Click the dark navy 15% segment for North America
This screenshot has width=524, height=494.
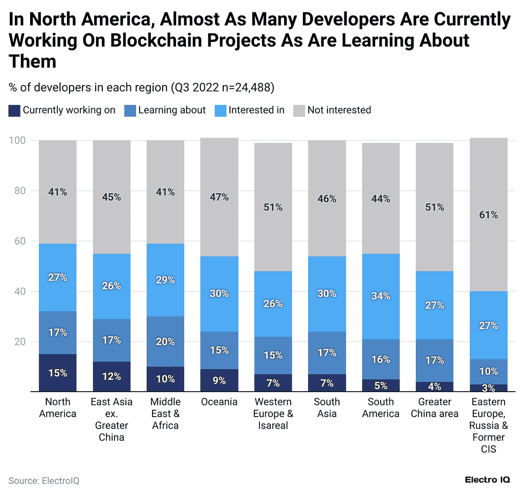[58, 373]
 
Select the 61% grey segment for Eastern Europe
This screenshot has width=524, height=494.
[488, 214]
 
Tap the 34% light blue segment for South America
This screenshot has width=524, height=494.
[381, 296]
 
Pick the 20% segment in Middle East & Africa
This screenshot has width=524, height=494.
[165, 341]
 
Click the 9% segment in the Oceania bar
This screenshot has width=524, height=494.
[219, 380]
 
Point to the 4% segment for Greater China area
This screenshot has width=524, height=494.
[434, 386]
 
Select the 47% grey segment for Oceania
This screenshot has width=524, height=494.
[219, 197]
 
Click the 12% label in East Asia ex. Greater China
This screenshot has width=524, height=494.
[112, 376]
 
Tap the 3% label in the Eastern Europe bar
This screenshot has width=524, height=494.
[488, 388]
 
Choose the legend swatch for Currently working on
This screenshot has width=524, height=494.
[15, 110]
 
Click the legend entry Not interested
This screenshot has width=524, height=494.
[339, 110]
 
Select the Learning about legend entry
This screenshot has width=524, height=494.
[171, 110]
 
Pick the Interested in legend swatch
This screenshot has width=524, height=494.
[221, 110]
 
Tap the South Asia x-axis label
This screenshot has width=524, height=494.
[326, 407]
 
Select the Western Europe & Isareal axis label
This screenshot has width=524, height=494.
[273, 414]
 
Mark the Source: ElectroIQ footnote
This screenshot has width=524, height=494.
[44, 481]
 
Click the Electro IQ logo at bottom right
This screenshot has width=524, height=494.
[487, 480]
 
